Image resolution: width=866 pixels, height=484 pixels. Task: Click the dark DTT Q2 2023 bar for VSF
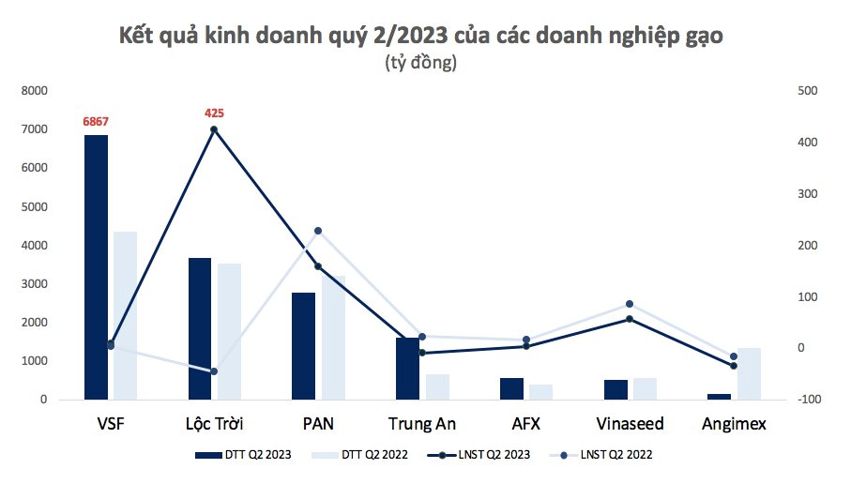pyautogui.click(x=96, y=267)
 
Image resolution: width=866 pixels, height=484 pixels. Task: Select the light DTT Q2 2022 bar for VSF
pyautogui.click(x=125, y=315)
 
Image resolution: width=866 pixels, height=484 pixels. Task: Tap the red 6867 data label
pyautogui.click(x=96, y=121)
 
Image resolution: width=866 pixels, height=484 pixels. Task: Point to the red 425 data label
pyautogui.click(x=214, y=113)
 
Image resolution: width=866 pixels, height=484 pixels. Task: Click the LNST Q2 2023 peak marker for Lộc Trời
pyautogui.click(x=214, y=129)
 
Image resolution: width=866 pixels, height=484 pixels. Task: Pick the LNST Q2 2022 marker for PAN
pyautogui.click(x=318, y=231)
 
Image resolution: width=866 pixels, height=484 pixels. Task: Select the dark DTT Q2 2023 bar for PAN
pyautogui.click(x=303, y=346)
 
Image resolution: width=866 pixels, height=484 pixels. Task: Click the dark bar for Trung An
pyautogui.click(x=407, y=369)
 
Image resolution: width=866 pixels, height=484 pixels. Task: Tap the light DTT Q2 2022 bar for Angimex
pyautogui.click(x=748, y=373)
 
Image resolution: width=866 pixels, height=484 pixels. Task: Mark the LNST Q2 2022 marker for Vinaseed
pyautogui.click(x=630, y=304)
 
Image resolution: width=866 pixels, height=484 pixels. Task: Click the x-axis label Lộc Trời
pyautogui.click(x=214, y=423)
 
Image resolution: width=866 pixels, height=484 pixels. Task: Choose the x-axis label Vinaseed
pyautogui.click(x=630, y=423)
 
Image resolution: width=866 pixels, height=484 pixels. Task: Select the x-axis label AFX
pyautogui.click(x=525, y=423)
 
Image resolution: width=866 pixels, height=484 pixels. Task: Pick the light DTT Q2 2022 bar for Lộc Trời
pyautogui.click(x=229, y=331)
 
